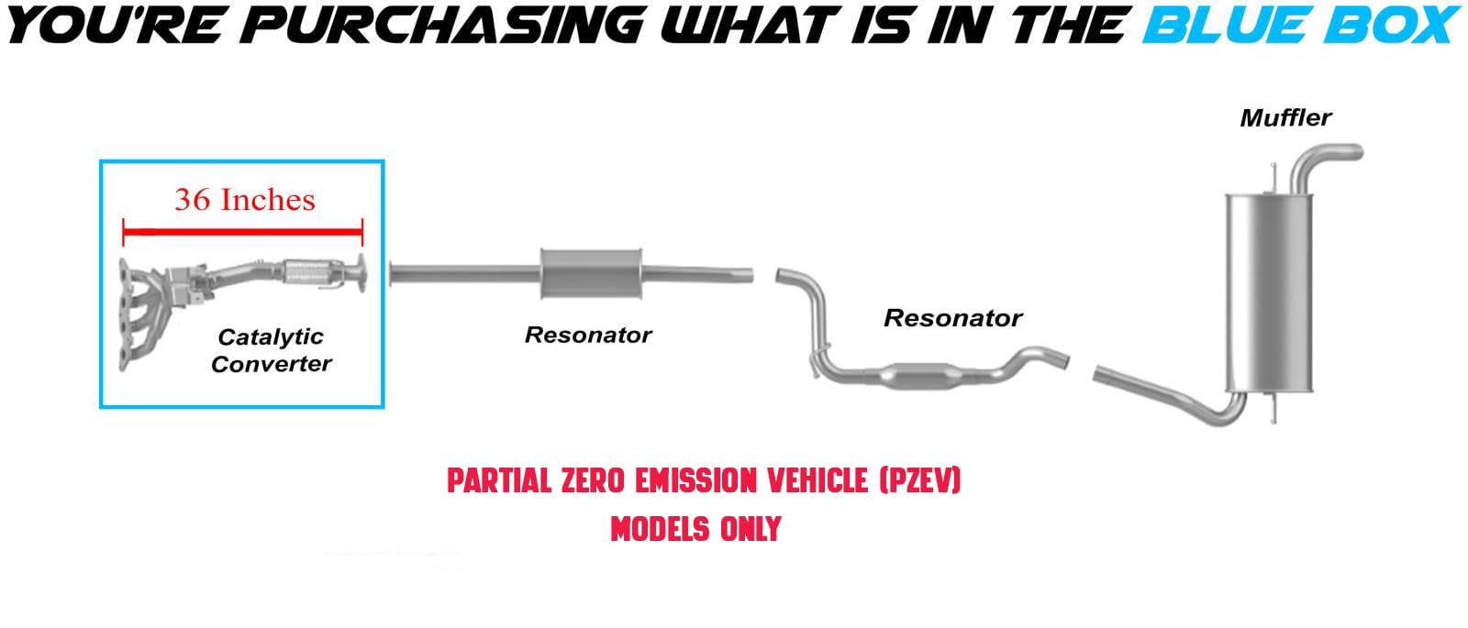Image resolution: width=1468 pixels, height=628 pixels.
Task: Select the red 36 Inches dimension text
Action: pos(244,200)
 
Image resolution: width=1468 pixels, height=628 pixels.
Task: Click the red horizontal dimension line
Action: pos(242,231)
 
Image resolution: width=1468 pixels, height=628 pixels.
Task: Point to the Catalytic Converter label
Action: pos(271,350)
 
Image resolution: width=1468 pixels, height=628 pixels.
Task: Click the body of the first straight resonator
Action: pos(591,274)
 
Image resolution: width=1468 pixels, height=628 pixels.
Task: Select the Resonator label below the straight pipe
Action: pos(588,336)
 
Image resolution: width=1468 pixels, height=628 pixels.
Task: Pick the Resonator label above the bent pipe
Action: pos(953,318)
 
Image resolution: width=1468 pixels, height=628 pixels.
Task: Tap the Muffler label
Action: pos(1285,118)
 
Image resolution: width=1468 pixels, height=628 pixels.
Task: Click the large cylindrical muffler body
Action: pos(1270,292)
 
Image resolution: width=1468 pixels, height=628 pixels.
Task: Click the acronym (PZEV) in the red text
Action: pos(919,480)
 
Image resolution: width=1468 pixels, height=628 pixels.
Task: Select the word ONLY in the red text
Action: pos(751,529)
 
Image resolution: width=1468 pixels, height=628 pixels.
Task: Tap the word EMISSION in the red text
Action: pos(708,480)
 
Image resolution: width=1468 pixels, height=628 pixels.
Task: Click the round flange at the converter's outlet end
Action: pos(359,274)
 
